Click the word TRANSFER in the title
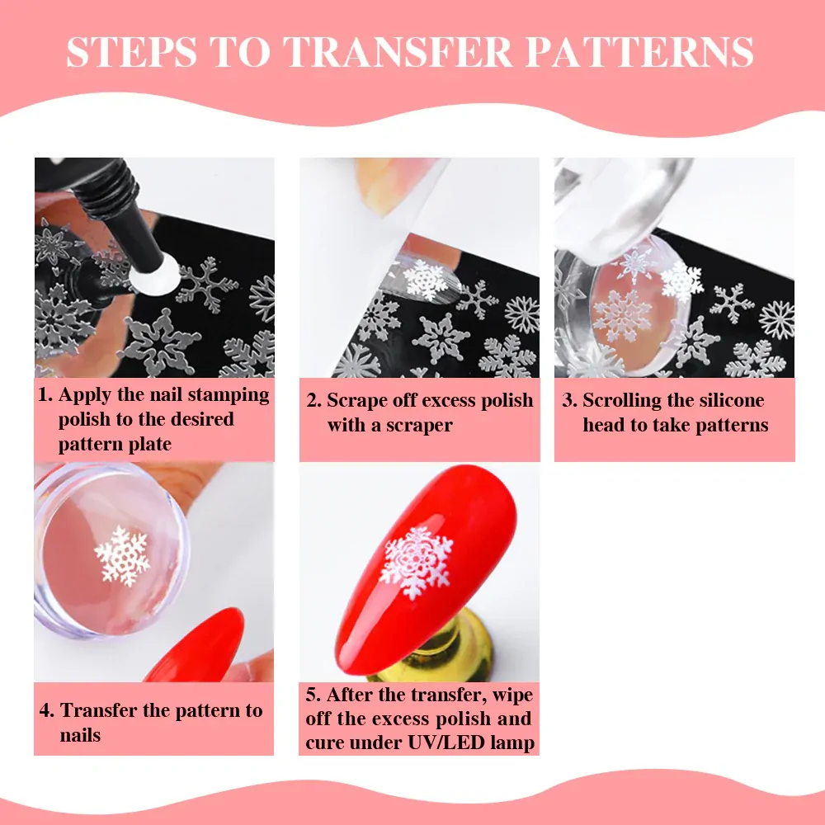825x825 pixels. [x=398, y=51]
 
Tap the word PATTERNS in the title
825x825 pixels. [x=639, y=51]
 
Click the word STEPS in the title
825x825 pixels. [x=131, y=51]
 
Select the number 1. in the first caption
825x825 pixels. [x=45, y=394]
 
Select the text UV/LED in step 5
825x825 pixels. [x=446, y=742]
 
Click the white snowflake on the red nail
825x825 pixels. [x=417, y=563]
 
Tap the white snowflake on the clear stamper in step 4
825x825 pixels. [x=122, y=556]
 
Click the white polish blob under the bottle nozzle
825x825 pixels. [x=156, y=274]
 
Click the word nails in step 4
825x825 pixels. [x=80, y=735]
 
